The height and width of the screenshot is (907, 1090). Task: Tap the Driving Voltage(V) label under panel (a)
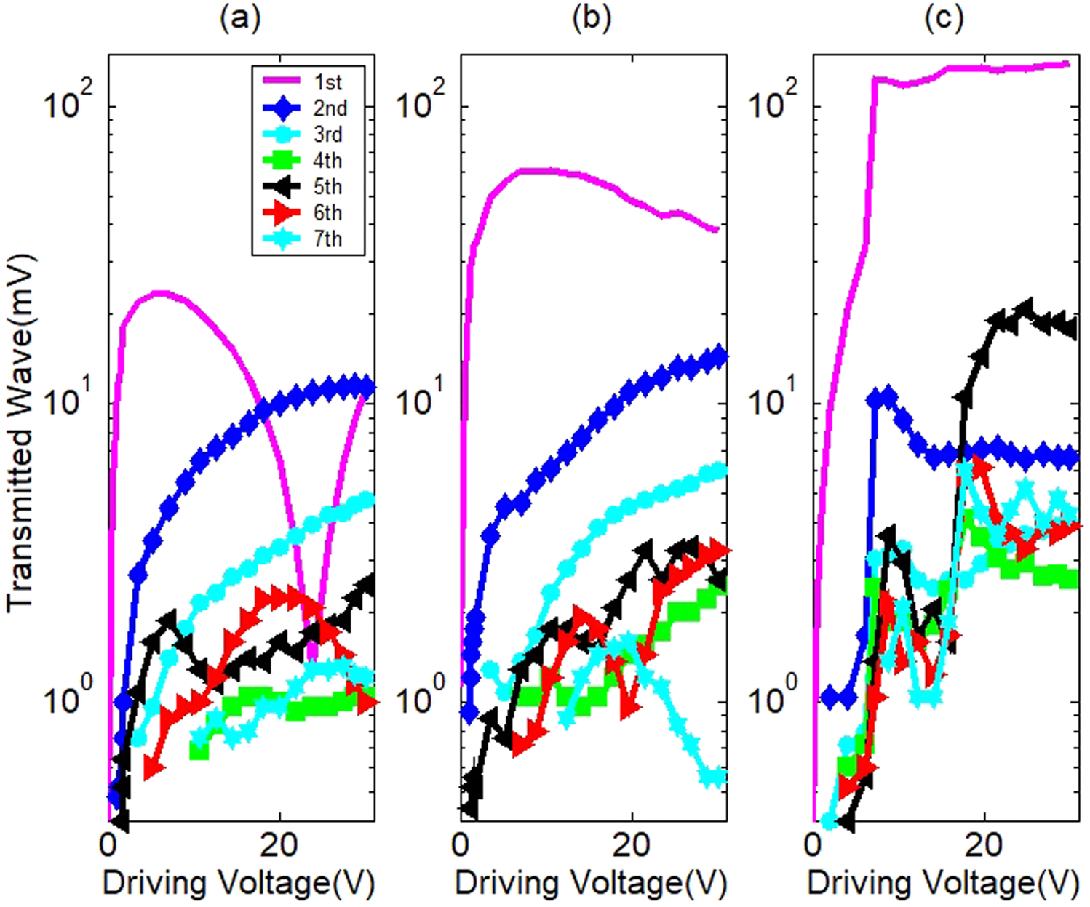(x=239, y=883)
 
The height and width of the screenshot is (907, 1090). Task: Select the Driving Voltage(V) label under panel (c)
(x=943, y=883)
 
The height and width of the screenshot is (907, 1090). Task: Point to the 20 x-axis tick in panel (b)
(x=631, y=845)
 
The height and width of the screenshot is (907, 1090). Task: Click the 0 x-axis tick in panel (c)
(x=813, y=845)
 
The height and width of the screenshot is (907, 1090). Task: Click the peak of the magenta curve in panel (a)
(x=160, y=293)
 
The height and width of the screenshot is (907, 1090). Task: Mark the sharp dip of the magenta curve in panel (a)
(x=311, y=658)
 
